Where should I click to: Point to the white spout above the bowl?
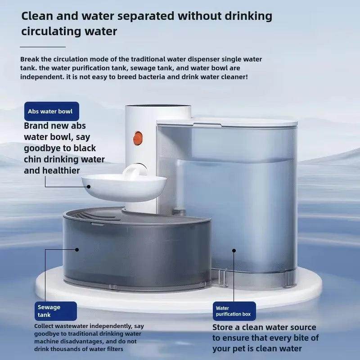click(x=134, y=171)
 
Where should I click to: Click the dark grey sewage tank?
click(x=135, y=252)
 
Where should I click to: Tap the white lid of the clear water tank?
click(x=227, y=122)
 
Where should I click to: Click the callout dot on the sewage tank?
click(x=77, y=249)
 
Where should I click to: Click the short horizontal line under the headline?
click(x=43, y=46)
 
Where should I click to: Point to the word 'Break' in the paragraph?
click(x=30, y=59)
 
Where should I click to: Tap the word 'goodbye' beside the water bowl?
click(x=44, y=148)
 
